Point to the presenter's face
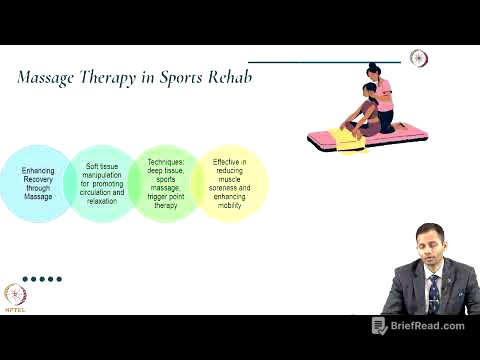428,249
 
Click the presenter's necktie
434,291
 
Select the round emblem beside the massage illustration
419,59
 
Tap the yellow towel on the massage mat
349,144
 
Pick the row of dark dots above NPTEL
42,279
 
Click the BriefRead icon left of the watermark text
379,326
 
